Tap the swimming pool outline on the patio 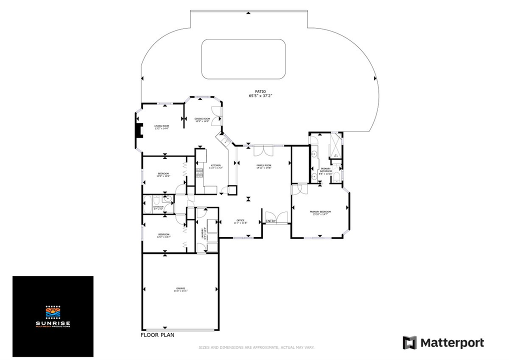(243, 58)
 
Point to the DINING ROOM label (202, 120)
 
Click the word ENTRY (270, 221)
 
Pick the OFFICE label (240, 221)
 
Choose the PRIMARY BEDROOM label (320, 213)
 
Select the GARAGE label (180, 289)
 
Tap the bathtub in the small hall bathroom (150, 204)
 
